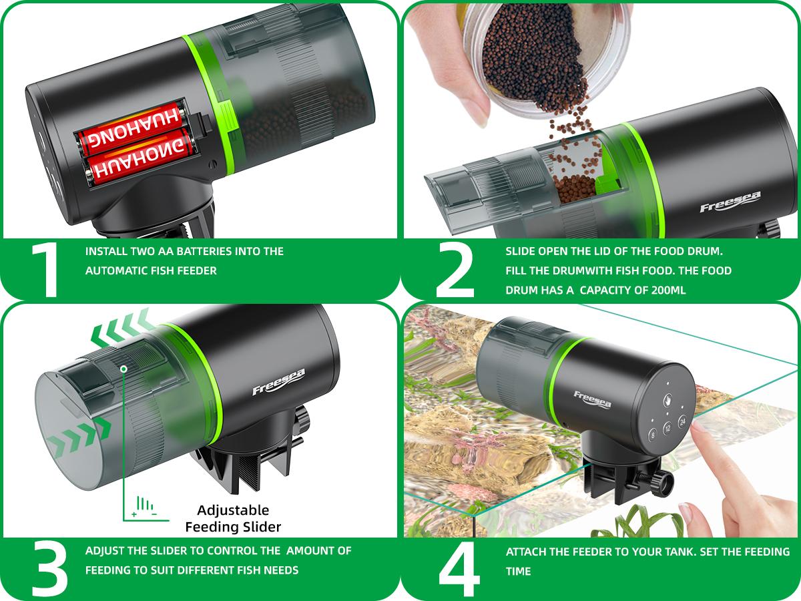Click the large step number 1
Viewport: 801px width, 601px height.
45,269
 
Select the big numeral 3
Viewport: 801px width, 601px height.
49,568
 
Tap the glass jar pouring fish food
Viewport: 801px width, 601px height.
547,53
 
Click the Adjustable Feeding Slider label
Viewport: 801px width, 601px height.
233,518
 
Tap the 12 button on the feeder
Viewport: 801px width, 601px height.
667,430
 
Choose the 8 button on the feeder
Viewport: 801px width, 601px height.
652,436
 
